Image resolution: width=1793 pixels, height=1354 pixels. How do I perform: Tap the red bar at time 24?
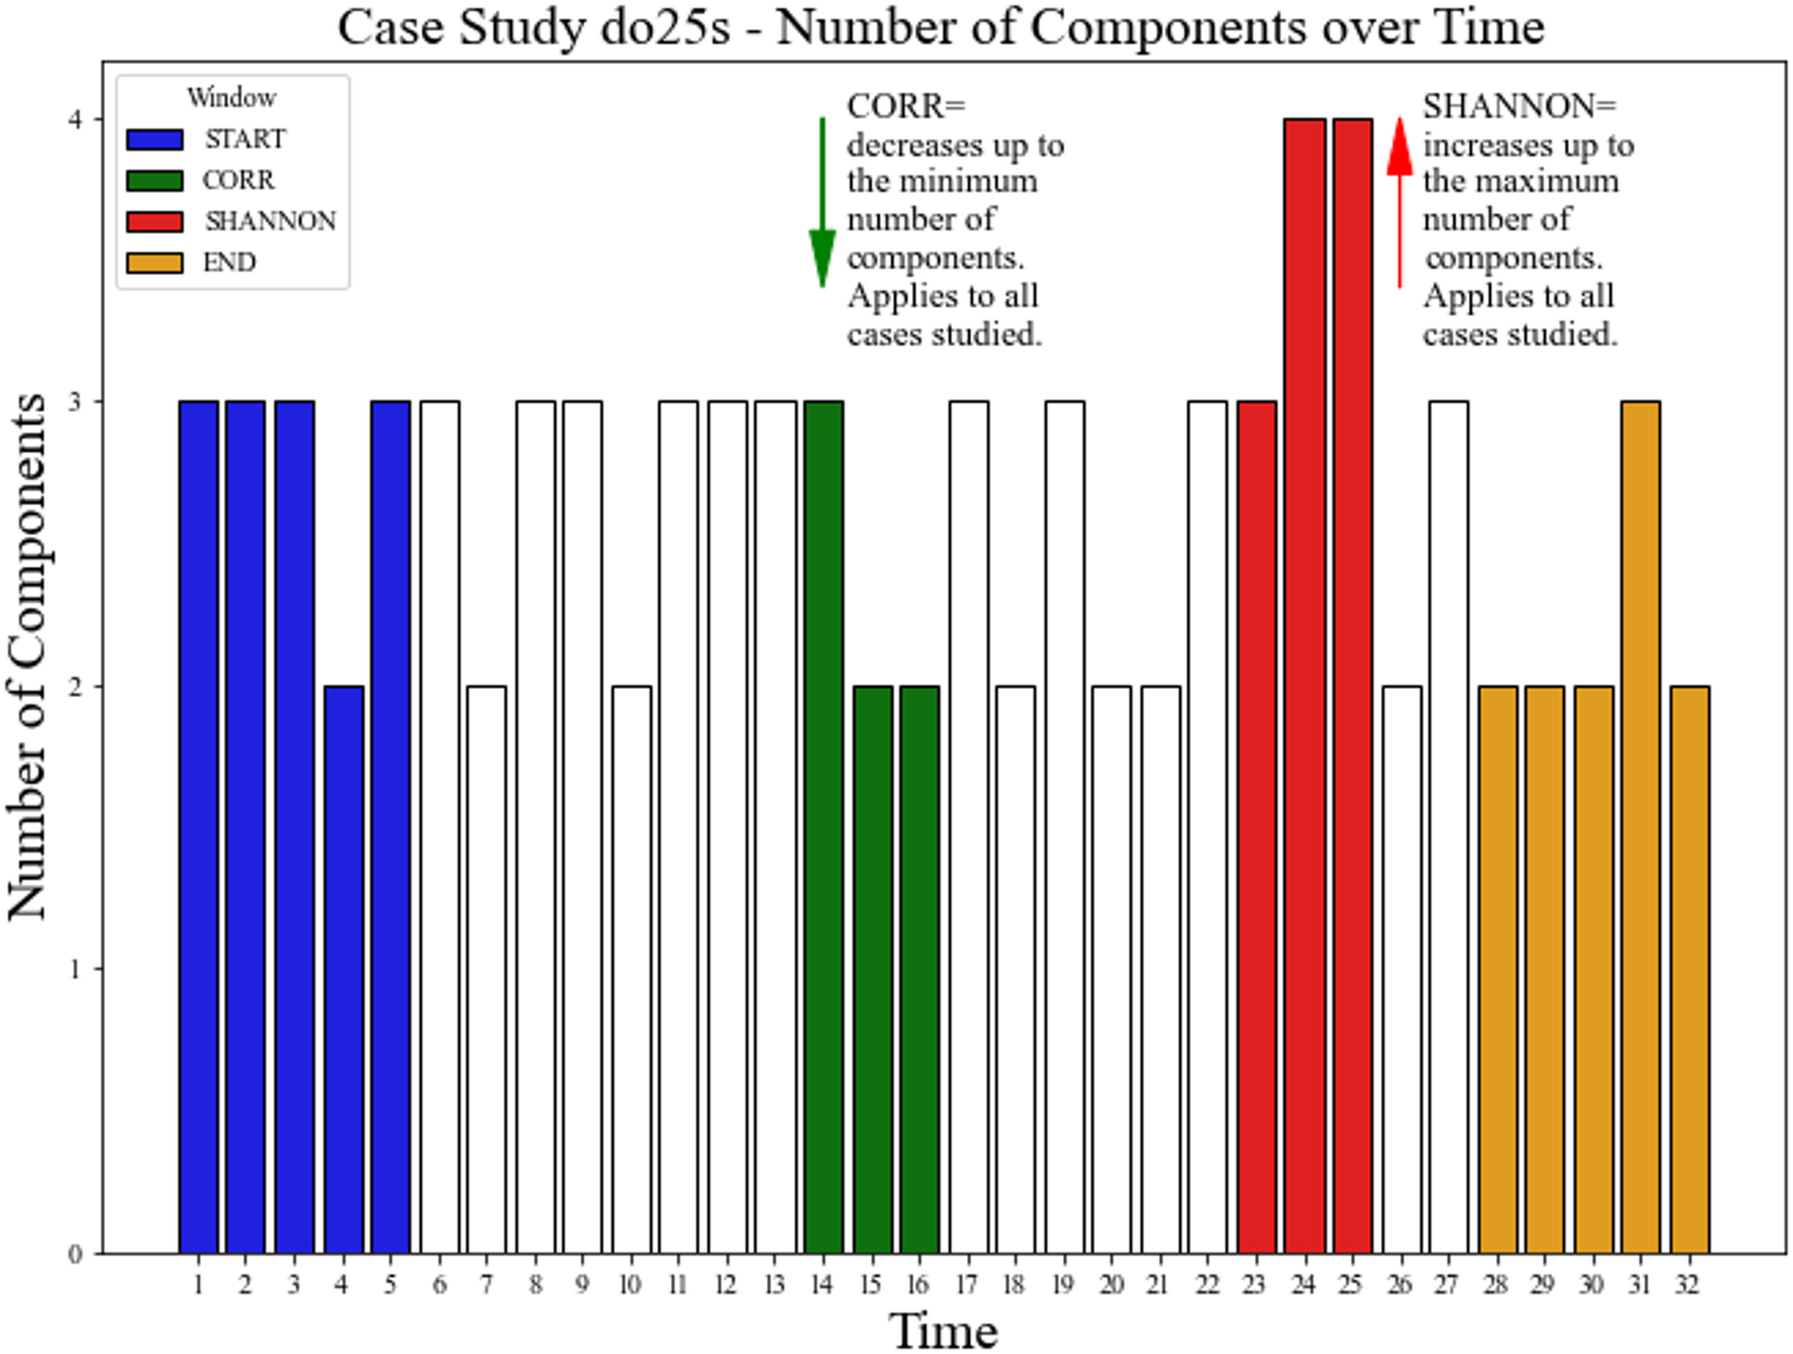coord(1304,685)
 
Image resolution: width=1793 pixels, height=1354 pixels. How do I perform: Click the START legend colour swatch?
coord(154,139)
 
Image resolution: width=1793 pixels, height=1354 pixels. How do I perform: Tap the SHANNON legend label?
coord(270,221)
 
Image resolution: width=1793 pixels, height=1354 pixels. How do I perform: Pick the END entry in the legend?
coord(228,262)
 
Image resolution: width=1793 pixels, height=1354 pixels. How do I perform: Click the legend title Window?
coord(231,98)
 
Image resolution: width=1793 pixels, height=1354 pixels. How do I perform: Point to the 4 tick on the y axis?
coord(75,119)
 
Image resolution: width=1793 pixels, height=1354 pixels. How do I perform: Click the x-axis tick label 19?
coord(1063,1285)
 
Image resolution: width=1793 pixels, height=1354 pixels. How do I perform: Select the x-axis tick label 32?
coord(1688,1285)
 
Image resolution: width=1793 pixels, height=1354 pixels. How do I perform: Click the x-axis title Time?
coord(943,1330)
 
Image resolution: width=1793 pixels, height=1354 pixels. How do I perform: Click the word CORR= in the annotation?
coord(906,106)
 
